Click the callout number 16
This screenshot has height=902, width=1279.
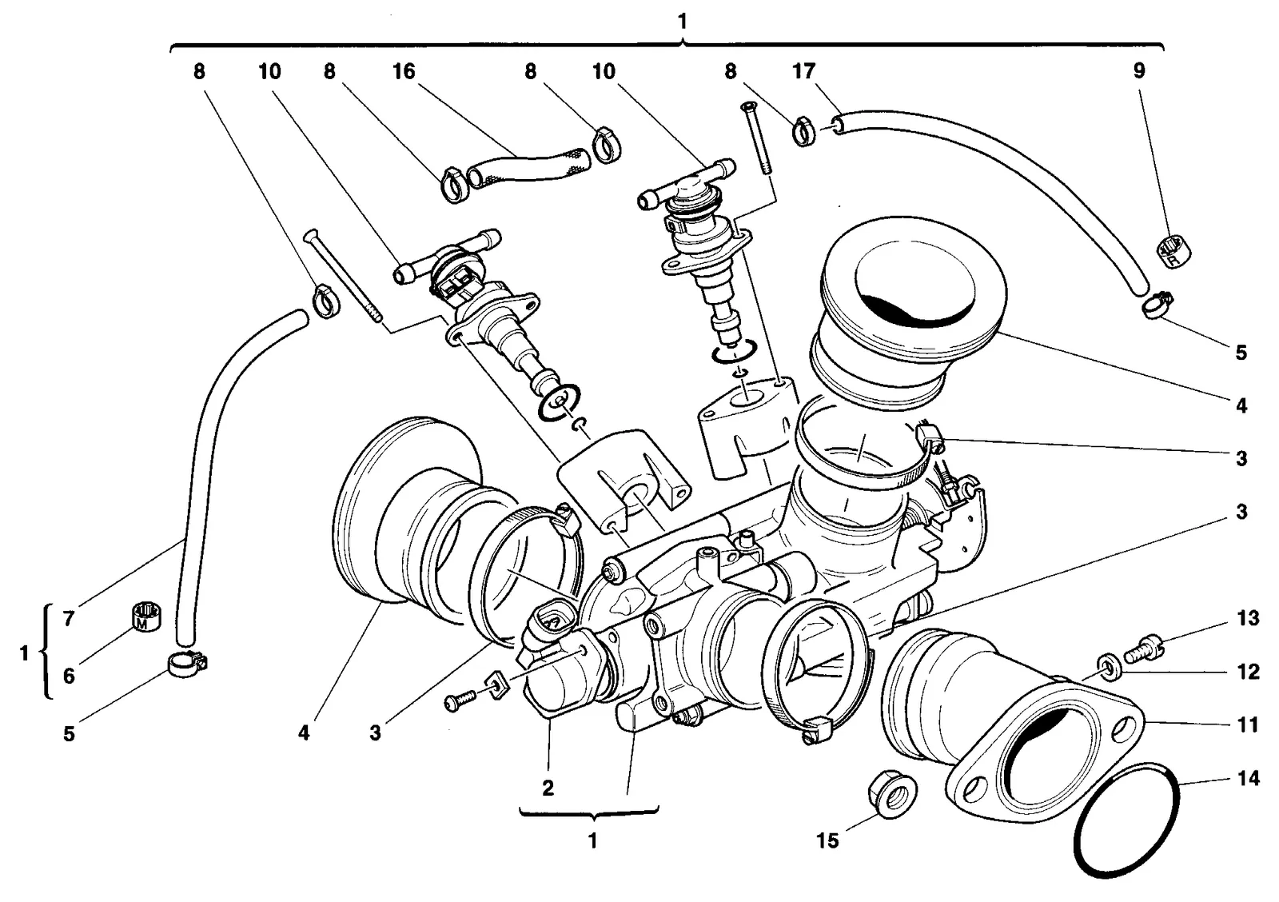click(404, 71)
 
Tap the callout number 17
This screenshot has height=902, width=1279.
click(803, 71)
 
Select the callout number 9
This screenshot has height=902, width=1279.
click(1139, 71)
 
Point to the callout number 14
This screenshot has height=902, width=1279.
click(1248, 778)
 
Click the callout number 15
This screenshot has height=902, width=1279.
click(827, 840)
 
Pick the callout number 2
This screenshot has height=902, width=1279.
click(548, 788)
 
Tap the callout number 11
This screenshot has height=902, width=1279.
click(1248, 724)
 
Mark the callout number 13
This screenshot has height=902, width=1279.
click(1248, 618)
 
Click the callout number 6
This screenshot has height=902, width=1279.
click(69, 676)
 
